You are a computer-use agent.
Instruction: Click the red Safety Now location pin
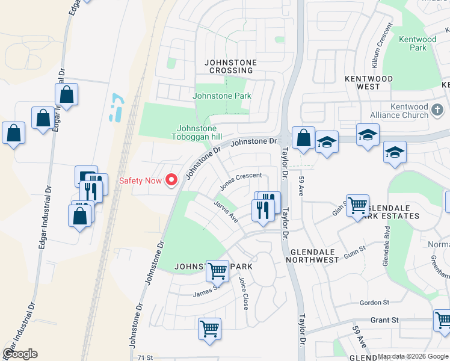tap(171, 180)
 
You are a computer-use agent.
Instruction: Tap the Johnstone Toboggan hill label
tap(197, 132)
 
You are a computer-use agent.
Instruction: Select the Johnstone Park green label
tap(221, 96)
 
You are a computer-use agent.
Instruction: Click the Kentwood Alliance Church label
tap(417, 111)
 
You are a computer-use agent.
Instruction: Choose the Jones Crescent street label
tap(241, 180)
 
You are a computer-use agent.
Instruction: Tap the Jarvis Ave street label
tap(226, 211)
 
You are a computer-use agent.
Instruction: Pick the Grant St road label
tap(384, 320)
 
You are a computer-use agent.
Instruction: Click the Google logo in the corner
tap(20, 354)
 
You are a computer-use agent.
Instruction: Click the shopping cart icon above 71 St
tap(209, 329)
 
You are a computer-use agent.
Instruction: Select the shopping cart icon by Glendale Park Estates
tap(357, 206)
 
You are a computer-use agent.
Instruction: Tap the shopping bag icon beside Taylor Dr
tap(304, 137)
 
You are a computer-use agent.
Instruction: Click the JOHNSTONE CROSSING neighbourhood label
tap(230, 66)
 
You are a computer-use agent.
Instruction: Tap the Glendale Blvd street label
tap(386, 247)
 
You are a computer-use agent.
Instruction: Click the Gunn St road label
tap(354, 252)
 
